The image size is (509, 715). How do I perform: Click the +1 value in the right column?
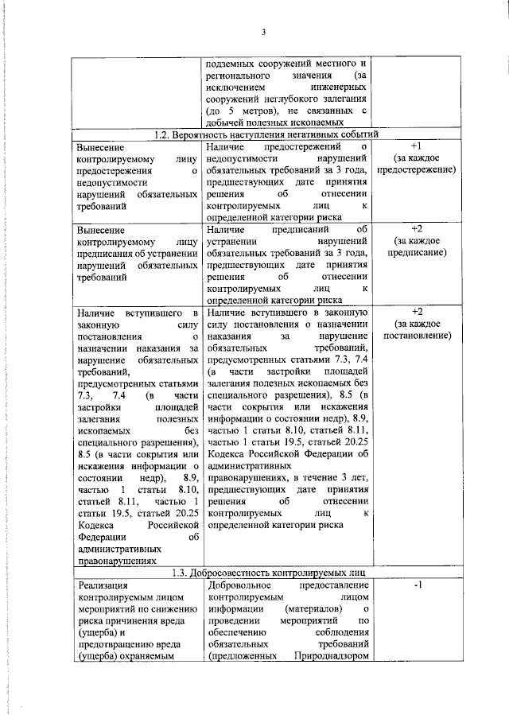(417, 147)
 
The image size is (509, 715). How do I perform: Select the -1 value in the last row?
(417, 586)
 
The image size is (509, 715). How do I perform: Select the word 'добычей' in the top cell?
(225, 122)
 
